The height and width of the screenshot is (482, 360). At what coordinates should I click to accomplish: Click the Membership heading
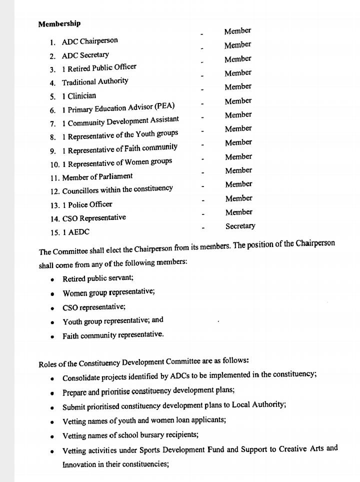coord(59,23)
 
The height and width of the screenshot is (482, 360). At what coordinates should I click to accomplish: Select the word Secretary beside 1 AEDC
coord(240,226)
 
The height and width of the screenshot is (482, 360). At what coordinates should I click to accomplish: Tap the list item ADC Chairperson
coord(89,41)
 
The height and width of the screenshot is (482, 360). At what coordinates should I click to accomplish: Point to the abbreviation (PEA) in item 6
coord(164,106)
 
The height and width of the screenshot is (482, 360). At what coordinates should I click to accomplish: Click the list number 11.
coord(54,177)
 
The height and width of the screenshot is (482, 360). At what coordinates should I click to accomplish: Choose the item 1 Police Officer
coord(87,204)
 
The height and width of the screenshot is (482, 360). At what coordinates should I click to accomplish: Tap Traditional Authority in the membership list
coord(95,81)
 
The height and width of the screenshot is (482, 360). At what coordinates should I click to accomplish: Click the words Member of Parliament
coord(97,176)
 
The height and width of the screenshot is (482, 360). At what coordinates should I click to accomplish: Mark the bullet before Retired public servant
coord(52,279)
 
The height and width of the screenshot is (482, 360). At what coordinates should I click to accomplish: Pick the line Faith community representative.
coord(112,335)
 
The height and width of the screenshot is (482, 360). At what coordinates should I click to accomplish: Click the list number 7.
coord(52,123)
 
